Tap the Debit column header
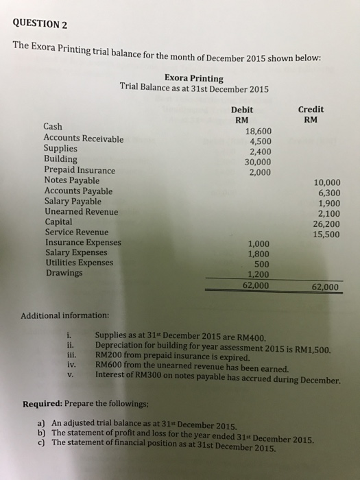243,109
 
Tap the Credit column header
312,109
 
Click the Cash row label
53,126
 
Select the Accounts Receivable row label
84,138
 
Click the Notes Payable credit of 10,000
326,182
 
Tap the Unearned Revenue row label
80,212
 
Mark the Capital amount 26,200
326,224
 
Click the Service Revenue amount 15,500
326,235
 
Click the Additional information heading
64,315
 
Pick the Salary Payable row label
73,202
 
